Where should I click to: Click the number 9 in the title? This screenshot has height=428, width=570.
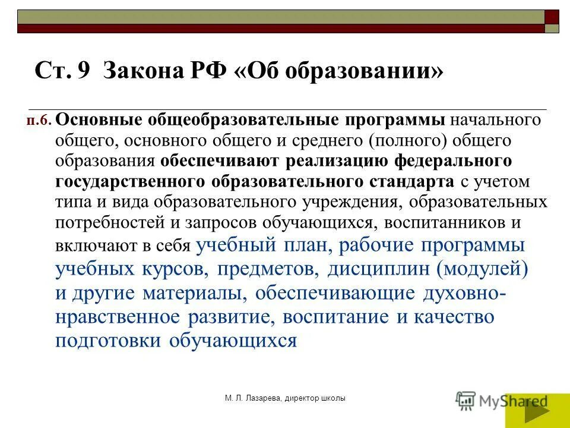[x=83, y=73]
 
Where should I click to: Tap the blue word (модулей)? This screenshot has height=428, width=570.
[x=482, y=269]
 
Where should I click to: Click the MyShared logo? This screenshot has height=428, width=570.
[x=502, y=402]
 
